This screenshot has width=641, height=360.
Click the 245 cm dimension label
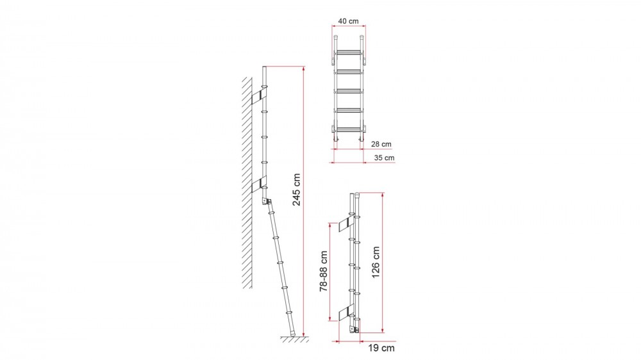click(296, 190)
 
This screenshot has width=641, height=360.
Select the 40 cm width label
click(348, 21)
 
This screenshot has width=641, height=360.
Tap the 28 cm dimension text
click(381, 144)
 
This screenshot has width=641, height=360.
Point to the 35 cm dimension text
click(384, 158)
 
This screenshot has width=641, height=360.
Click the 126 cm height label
click(376, 263)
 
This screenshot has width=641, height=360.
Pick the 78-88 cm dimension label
click(324, 271)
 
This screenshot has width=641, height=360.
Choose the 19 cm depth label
click(381, 348)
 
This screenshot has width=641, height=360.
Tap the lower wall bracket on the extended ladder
click(259, 184)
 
